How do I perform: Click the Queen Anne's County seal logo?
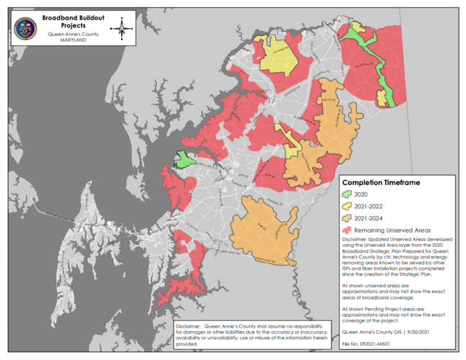(27, 29)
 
